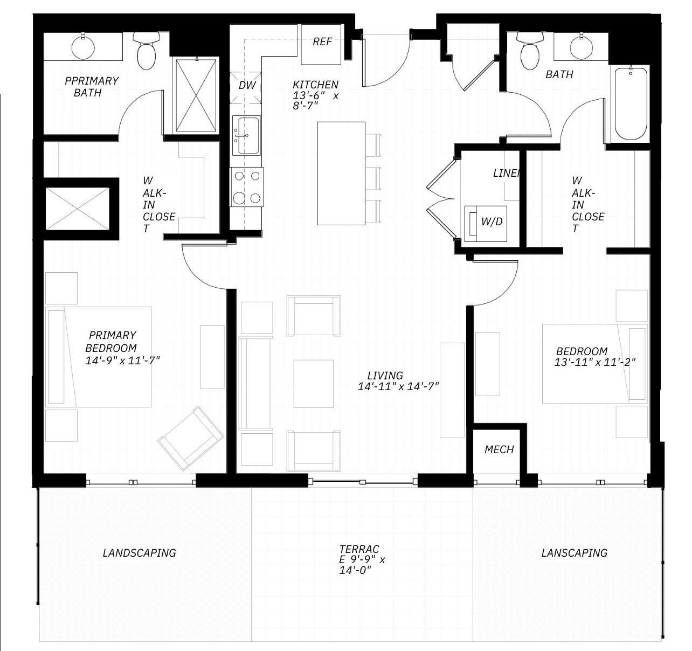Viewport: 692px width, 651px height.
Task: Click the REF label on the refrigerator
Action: (x=322, y=42)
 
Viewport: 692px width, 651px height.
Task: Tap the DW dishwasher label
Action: (x=247, y=85)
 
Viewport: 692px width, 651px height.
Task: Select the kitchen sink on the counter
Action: (x=247, y=135)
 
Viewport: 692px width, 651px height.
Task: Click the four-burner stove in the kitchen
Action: (x=247, y=187)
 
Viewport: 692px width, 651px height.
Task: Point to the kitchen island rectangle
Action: (x=341, y=173)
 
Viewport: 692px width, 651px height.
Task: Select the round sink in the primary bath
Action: (x=83, y=48)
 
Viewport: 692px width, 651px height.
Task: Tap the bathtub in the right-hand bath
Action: (x=631, y=104)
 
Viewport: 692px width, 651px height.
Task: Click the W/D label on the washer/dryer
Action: (x=492, y=221)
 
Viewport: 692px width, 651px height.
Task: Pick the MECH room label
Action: (x=499, y=449)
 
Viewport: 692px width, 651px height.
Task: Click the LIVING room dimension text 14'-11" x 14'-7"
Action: (x=398, y=386)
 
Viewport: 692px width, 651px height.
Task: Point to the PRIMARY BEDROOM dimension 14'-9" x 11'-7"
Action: (x=122, y=361)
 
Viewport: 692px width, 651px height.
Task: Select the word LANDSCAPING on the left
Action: (x=139, y=553)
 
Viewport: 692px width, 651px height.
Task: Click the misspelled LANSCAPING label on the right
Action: (x=574, y=553)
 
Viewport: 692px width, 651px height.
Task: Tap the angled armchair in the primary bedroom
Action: (x=190, y=438)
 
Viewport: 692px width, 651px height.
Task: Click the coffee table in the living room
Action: (x=313, y=384)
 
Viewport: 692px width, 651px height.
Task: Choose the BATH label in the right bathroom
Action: (x=559, y=74)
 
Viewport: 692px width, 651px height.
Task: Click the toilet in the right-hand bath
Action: (x=530, y=52)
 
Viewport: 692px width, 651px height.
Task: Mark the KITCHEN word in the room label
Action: (x=315, y=85)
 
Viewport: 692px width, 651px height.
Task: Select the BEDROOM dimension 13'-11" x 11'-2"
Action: (x=595, y=363)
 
